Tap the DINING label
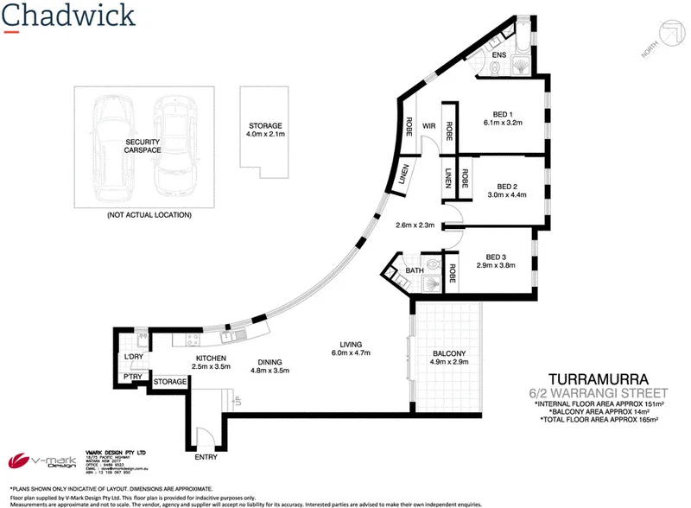click(269, 362)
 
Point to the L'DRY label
click(133, 357)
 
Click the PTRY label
click(133, 377)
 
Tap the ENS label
click(498, 56)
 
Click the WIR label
click(428, 126)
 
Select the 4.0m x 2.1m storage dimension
click(264, 135)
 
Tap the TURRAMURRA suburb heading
click(598, 378)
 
